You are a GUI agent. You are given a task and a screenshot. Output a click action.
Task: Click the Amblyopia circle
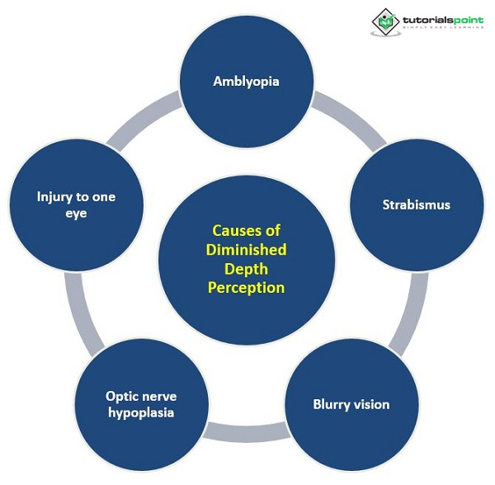tap(246, 81)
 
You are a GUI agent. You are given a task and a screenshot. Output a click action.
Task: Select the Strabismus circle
tap(416, 205)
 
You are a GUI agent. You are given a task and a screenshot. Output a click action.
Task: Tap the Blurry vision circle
tap(351, 404)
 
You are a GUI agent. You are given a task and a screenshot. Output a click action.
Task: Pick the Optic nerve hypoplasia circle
tap(140, 404)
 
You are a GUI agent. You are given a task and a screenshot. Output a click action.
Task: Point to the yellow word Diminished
tap(247, 250)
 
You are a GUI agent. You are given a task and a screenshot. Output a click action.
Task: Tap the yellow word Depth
tap(246, 269)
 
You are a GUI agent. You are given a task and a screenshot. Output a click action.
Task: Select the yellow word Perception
tap(247, 288)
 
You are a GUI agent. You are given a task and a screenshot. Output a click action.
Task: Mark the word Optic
tap(121, 395)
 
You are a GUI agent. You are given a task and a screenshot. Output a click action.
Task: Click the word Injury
tap(54, 196)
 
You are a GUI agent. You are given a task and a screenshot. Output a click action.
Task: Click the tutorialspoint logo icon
tap(384, 21)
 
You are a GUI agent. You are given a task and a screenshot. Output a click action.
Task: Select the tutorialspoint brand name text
tap(445, 17)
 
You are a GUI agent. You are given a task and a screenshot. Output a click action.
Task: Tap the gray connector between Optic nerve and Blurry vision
tap(246, 430)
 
